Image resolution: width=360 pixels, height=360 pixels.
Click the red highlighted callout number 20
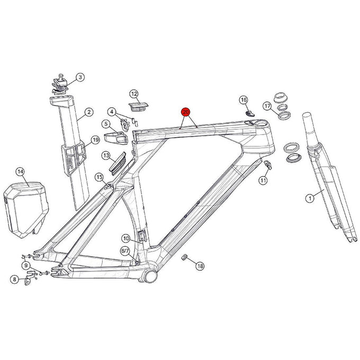click(186, 112)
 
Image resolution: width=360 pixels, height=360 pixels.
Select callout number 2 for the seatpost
click(80, 77)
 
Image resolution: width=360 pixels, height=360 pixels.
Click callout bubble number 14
click(20, 172)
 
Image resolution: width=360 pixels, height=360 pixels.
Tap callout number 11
click(263, 181)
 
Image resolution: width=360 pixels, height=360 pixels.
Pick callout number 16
click(244, 100)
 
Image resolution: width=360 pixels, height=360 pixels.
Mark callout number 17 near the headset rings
click(267, 106)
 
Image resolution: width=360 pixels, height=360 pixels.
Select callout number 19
click(95, 140)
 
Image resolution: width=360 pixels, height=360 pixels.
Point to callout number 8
click(14, 279)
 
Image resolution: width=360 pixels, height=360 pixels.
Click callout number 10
click(125, 238)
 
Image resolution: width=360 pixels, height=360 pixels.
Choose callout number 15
click(99, 177)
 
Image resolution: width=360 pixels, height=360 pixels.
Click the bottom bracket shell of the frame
click(150, 275)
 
